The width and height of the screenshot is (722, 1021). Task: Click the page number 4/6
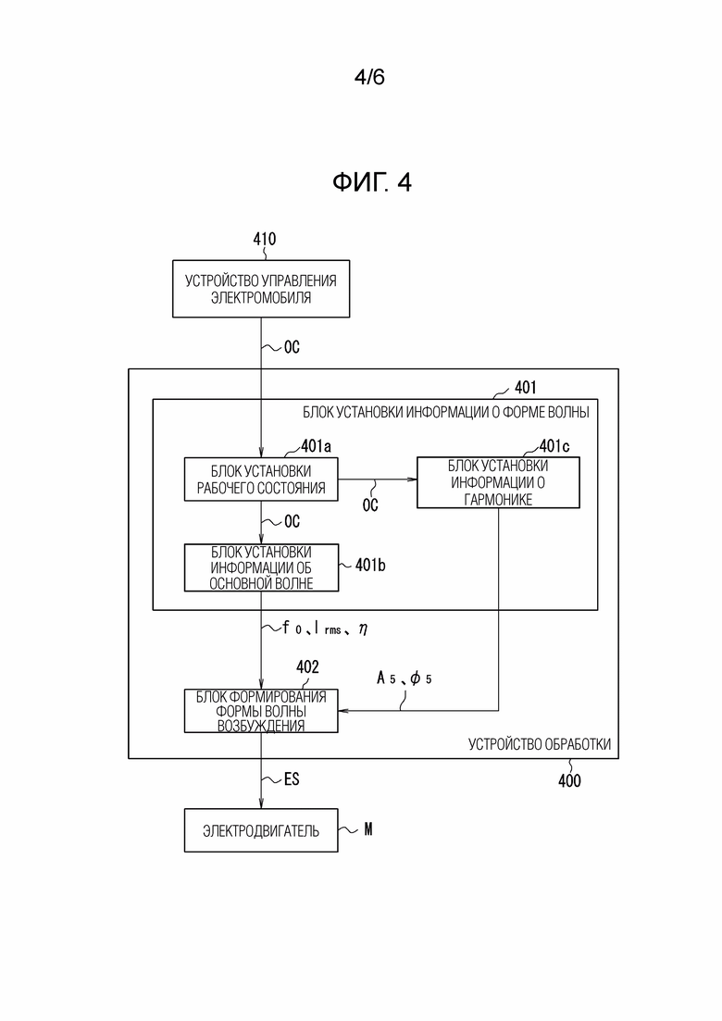pos(369,77)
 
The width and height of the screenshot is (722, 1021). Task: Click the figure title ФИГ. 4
pos(371,182)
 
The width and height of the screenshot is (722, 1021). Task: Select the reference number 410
pos(264,240)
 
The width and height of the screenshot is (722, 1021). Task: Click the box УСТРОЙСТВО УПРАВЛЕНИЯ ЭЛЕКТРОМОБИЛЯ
pos(260,290)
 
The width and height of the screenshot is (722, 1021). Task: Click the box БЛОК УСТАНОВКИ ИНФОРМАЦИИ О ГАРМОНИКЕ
pos(498,482)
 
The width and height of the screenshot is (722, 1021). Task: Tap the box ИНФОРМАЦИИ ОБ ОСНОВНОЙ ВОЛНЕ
pos(262,567)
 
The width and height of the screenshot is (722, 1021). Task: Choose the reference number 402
pos(307,666)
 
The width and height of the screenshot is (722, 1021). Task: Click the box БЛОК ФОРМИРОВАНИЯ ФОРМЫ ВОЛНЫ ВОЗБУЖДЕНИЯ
pos(261,711)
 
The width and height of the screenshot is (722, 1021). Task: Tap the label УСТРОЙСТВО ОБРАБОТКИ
pos(540,744)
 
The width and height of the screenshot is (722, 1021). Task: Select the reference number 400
pos(569,781)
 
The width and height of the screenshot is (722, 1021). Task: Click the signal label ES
pos(290,779)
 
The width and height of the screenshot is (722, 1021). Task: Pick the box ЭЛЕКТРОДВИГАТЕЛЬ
pos(261,830)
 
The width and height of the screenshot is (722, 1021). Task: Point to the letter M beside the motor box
pos(367,829)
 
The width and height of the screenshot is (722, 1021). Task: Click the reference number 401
pos(524,387)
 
